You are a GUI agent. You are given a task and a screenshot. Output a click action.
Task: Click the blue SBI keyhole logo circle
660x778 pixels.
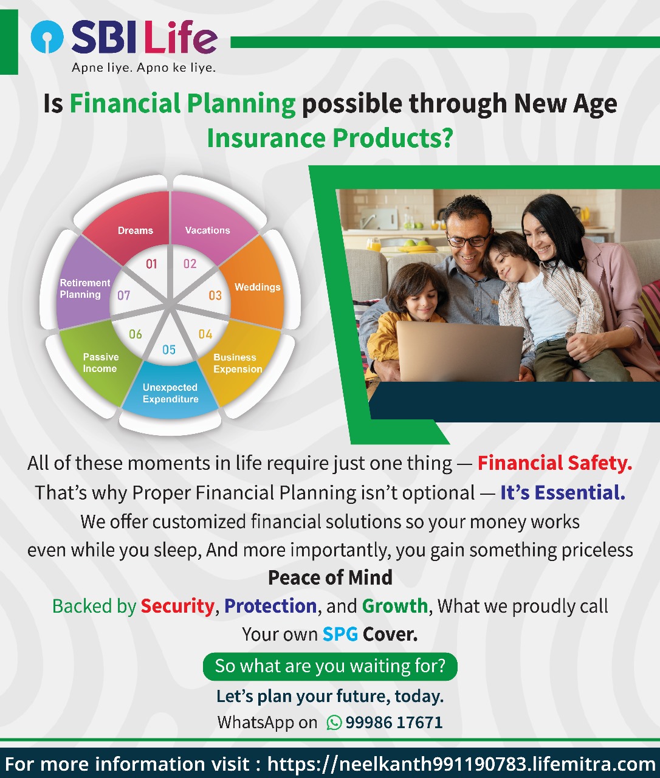pyautogui.click(x=47, y=36)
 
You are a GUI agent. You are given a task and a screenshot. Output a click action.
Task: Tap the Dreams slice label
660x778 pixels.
pyautogui.click(x=136, y=230)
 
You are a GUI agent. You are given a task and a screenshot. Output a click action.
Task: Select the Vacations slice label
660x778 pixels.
pyautogui.click(x=207, y=230)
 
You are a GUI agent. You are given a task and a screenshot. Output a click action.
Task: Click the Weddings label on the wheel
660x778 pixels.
pyautogui.click(x=258, y=287)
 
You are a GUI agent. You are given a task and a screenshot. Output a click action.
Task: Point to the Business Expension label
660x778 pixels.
pyautogui.click(x=238, y=363)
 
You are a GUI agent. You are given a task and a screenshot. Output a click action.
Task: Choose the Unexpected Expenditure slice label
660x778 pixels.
pyautogui.click(x=170, y=393)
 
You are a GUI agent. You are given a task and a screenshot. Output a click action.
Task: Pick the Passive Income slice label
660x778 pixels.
pyautogui.click(x=100, y=362)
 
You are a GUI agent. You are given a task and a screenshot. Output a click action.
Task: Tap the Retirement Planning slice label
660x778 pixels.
pyautogui.click(x=85, y=289)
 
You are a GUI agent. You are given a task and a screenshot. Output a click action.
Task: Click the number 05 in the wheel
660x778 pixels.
pyautogui.click(x=169, y=349)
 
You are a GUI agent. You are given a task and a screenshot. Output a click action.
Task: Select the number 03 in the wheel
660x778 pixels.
pyautogui.click(x=215, y=295)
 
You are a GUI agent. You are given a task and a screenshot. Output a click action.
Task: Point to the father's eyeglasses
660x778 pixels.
pyautogui.click(x=469, y=239)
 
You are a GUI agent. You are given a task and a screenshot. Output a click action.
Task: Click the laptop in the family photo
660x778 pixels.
pyautogui.click(x=459, y=351)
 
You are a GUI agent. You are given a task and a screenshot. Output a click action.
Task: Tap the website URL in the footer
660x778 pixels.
pyautogui.click(x=461, y=763)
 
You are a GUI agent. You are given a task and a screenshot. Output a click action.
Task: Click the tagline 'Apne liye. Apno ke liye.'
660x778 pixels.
pyautogui.click(x=144, y=67)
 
